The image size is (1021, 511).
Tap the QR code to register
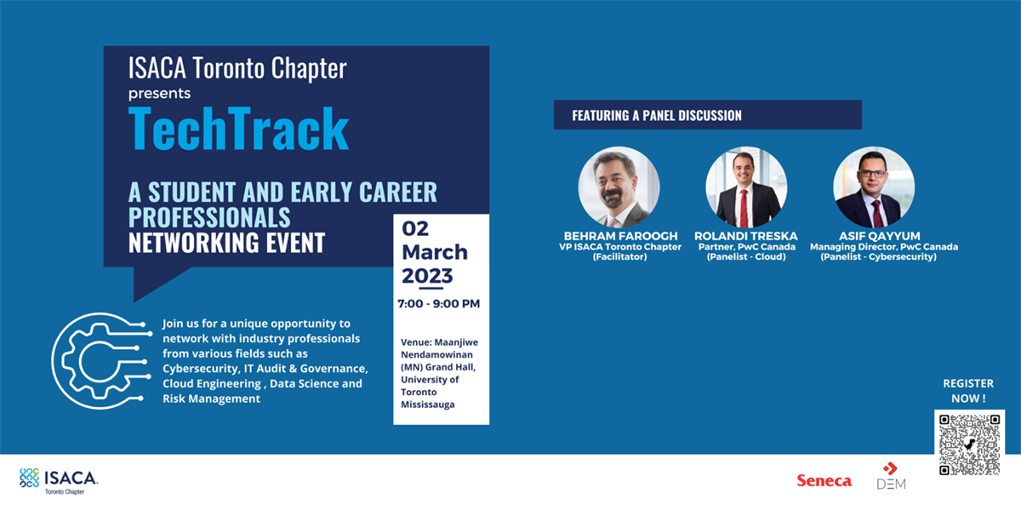(969, 444)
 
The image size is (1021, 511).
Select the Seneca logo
(824, 480)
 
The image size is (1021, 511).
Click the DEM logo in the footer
(891, 476)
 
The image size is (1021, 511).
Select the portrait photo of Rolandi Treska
(744, 187)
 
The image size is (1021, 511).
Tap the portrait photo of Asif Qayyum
(873, 187)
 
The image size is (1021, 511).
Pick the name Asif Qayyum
(873, 236)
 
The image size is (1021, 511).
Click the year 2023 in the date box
(427, 276)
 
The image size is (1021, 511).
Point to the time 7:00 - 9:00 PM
(439, 303)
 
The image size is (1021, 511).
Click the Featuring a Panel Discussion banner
(707, 115)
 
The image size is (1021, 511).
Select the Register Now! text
(968, 391)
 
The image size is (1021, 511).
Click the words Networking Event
(226, 243)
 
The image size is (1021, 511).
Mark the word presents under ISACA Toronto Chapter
(159, 93)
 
